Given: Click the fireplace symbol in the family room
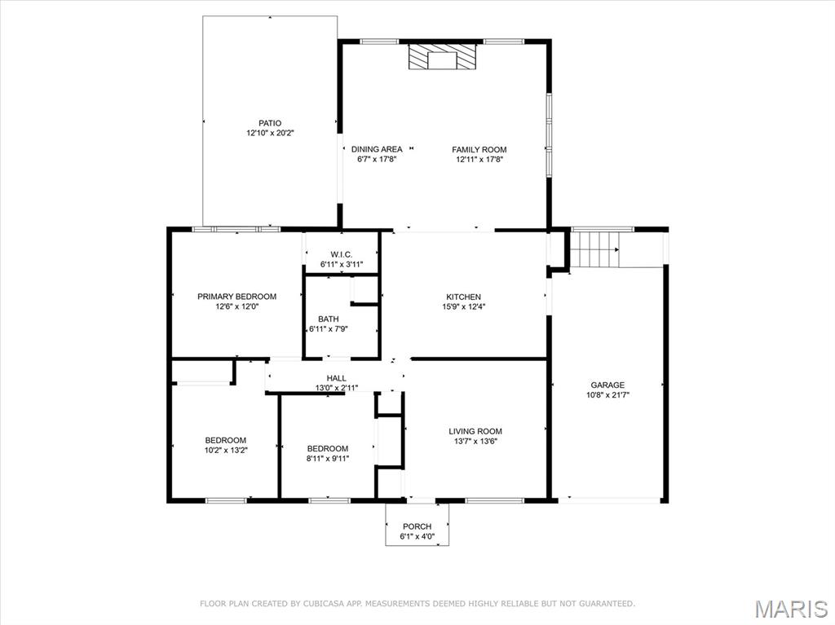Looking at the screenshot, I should pyautogui.click(x=442, y=58).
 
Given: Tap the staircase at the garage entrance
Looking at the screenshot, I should pyautogui.click(x=595, y=249).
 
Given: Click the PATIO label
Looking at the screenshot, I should pyautogui.click(x=270, y=123).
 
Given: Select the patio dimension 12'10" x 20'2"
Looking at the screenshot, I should pyautogui.click(x=270, y=133).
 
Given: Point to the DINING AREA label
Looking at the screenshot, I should pyautogui.click(x=377, y=149).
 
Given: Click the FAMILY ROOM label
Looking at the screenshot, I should pyautogui.click(x=479, y=149).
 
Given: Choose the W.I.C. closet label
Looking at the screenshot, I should pyautogui.click(x=341, y=254).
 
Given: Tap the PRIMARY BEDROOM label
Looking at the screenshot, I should pyautogui.click(x=236, y=297).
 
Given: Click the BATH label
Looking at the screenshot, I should pyautogui.click(x=329, y=319).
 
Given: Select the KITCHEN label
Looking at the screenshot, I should pyautogui.click(x=463, y=297).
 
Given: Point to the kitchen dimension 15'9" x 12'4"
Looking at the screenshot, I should pyautogui.click(x=463, y=307).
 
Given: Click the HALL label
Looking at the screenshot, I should pyautogui.click(x=337, y=378).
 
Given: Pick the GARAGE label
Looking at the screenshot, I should pyautogui.click(x=607, y=385).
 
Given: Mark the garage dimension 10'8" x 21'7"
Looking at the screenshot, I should pyautogui.click(x=607, y=395).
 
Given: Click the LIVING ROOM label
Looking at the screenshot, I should pyautogui.click(x=475, y=431).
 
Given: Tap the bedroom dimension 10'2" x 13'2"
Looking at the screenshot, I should pyautogui.click(x=225, y=450).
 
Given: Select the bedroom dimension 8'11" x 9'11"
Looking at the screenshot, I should pyautogui.click(x=328, y=458).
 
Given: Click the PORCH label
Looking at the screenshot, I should pyautogui.click(x=417, y=526).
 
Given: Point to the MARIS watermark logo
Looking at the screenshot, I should pyautogui.click(x=791, y=609).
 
